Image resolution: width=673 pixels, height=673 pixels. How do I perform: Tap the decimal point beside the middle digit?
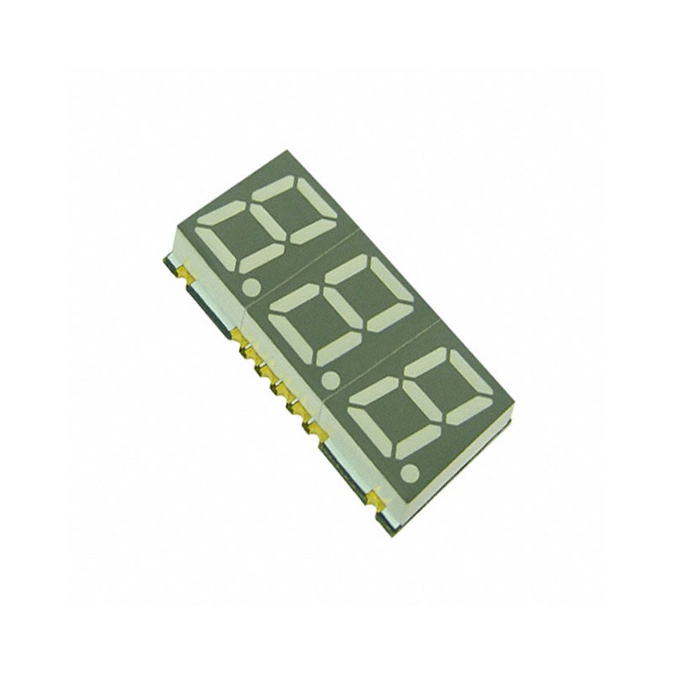click(330, 379)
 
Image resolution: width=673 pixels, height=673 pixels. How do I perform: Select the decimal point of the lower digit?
click(410, 473)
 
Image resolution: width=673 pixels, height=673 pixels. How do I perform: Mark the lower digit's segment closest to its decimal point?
click(418, 442)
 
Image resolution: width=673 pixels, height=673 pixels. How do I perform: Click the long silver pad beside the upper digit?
click(204, 306)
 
